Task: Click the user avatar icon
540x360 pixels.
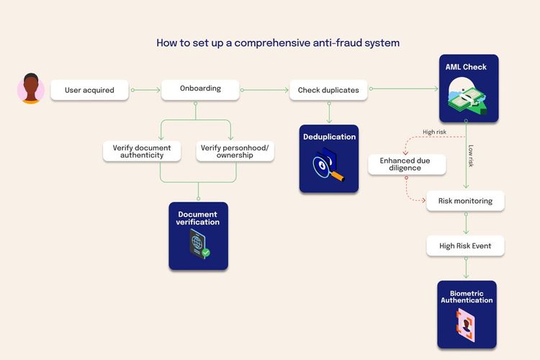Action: (x=30, y=89)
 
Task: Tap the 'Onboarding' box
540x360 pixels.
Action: (x=200, y=89)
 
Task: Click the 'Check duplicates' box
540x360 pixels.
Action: (x=328, y=91)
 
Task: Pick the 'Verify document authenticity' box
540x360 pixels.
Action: (x=138, y=151)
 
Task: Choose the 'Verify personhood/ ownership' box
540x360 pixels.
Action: (x=235, y=151)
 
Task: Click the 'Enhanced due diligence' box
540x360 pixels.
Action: (x=405, y=165)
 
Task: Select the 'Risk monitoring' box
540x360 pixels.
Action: (x=465, y=201)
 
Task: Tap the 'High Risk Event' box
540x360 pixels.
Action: (x=465, y=246)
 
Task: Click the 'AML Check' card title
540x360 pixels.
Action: (x=467, y=67)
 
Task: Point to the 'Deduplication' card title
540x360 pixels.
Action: (x=329, y=137)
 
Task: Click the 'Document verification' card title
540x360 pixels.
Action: (x=199, y=218)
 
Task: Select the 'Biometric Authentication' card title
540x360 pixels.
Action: (x=467, y=296)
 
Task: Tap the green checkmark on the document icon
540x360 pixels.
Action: (x=206, y=253)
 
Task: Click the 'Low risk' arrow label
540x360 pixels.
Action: (x=471, y=156)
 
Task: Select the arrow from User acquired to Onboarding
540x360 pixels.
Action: (x=147, y=90)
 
